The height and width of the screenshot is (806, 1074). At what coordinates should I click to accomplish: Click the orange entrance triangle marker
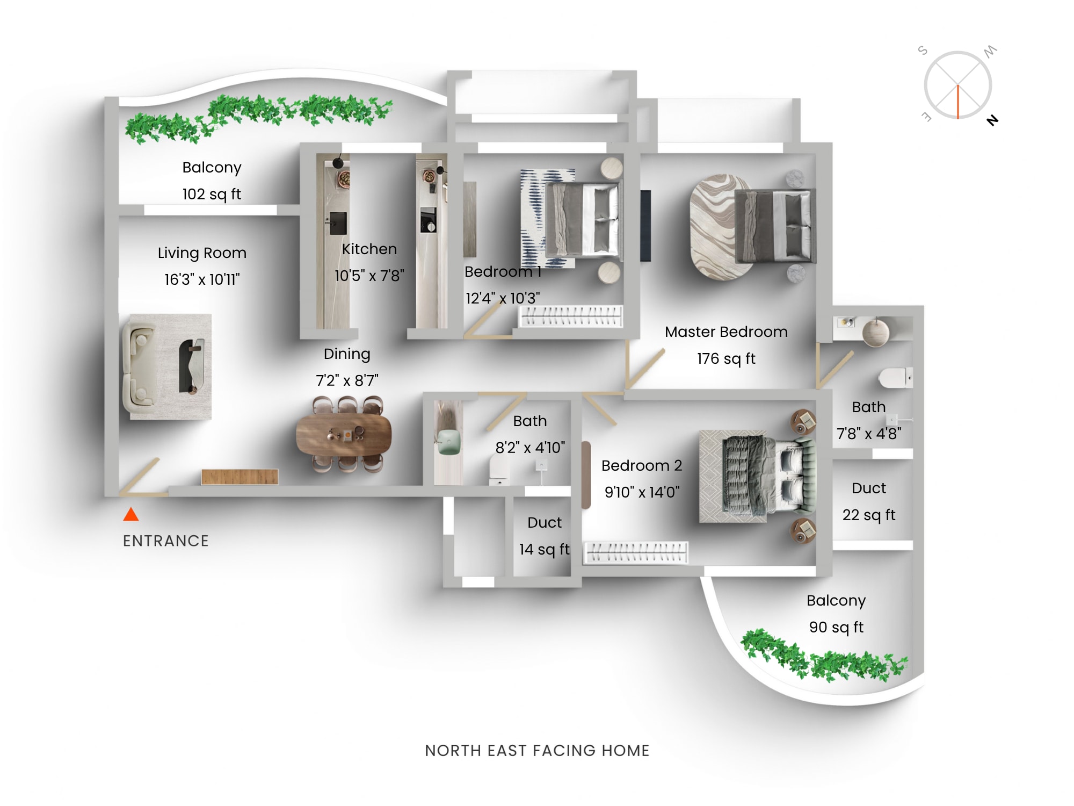(x=131, y=515)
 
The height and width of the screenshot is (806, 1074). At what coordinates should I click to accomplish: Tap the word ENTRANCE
(x=165, y=541)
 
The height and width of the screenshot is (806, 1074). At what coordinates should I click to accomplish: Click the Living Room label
(x=202, y=253)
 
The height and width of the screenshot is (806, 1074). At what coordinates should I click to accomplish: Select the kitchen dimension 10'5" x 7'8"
(x=369, y=276)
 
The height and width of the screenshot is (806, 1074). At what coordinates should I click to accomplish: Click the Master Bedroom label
(x=726, y=332)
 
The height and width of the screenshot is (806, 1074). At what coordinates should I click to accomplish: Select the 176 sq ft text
(x=726, y=358)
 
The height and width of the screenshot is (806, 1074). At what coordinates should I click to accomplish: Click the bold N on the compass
(x=992, y=120)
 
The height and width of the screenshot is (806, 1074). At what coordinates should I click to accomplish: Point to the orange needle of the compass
(x=957, y=102)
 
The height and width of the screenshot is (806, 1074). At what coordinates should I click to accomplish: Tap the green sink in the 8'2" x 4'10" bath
(x=449, y=442)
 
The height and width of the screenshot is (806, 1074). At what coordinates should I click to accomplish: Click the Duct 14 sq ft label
(x=544, y=536)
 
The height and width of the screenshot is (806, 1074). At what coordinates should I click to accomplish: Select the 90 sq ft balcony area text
(x=836, y=627)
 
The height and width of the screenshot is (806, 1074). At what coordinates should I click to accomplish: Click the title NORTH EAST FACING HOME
(x=537, y=750)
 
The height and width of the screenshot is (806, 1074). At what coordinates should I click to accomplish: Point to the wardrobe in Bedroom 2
(x=636, y=552)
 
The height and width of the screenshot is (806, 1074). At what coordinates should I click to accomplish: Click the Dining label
(x=347, y=354)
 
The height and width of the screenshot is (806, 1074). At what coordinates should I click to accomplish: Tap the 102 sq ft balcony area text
(x=212, y=194)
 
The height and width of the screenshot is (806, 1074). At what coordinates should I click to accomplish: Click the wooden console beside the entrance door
(x=240, y=477)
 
